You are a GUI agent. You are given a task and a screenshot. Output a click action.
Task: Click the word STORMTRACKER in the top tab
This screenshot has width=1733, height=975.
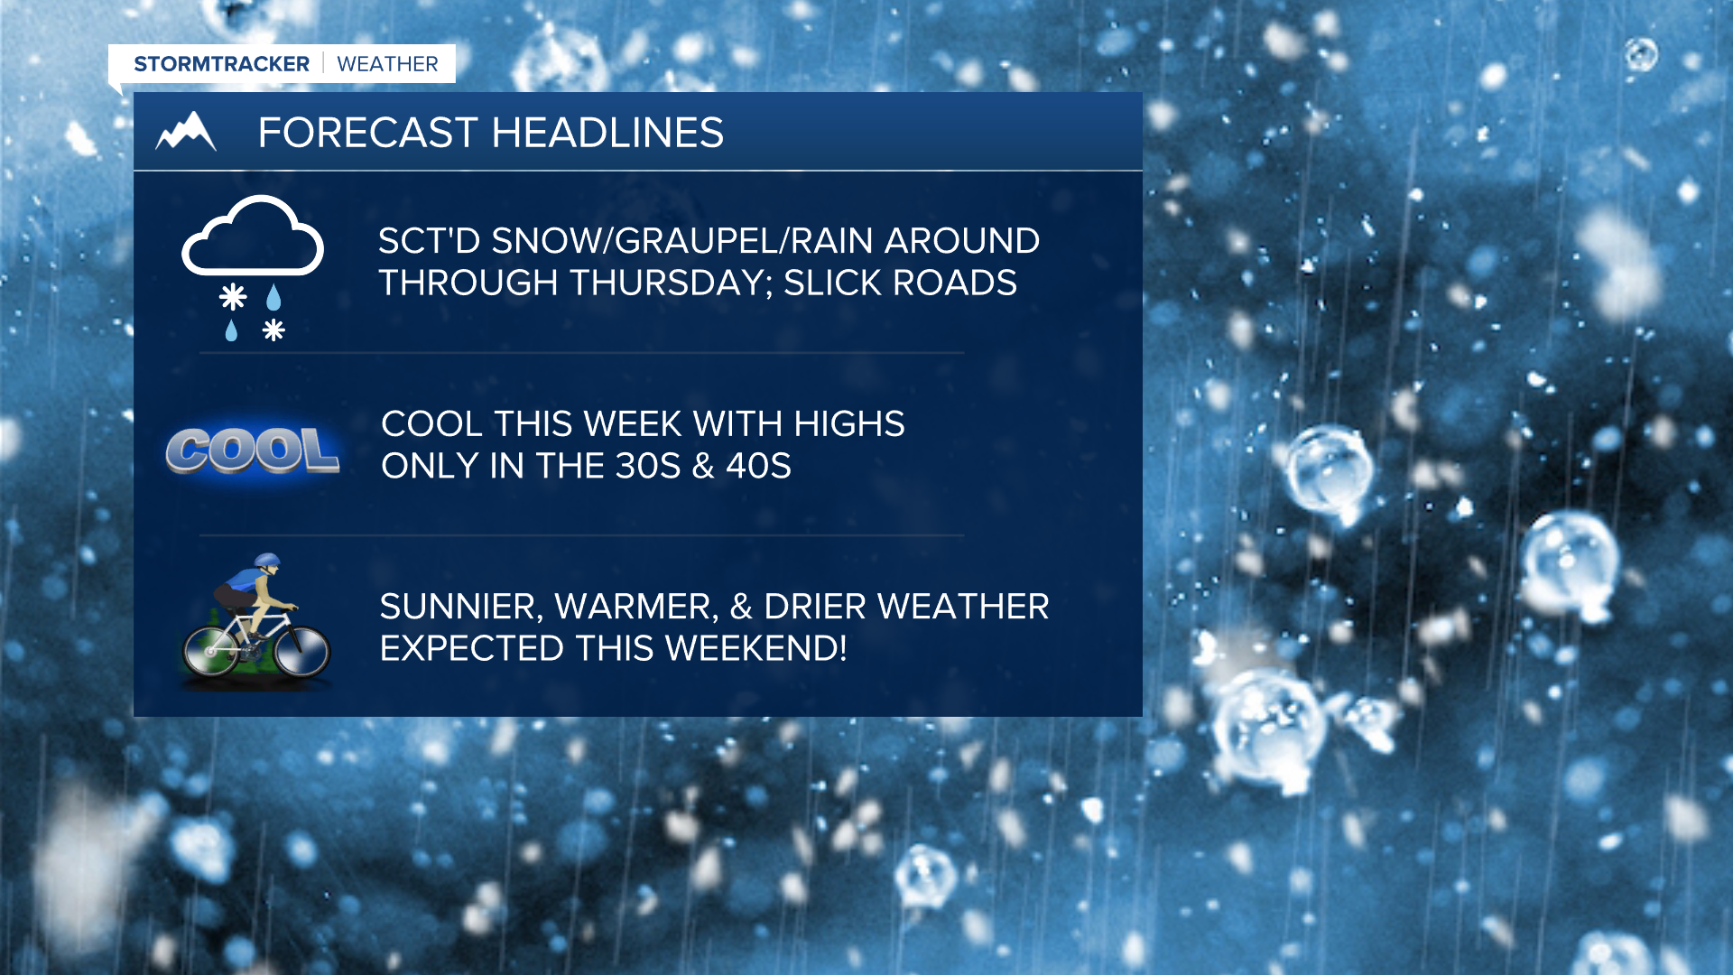pos(221,64)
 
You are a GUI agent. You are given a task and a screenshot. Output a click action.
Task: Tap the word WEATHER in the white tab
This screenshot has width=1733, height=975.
pos(387,64)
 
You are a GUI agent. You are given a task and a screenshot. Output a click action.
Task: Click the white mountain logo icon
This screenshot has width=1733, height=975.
pos(186,132)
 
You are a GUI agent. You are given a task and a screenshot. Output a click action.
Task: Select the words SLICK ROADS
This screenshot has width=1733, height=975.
pos(900,283)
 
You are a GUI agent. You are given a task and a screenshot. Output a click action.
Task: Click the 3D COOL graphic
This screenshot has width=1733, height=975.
pos(253,450)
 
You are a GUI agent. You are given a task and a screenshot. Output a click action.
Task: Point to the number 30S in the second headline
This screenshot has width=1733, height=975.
pos(647,467)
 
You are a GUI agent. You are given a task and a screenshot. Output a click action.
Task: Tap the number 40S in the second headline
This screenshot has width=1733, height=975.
pos(758,467)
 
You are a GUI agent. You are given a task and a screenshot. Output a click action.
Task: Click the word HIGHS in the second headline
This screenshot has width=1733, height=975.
pos(848,424)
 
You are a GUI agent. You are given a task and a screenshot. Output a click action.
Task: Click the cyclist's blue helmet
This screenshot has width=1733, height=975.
pos(267,561)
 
